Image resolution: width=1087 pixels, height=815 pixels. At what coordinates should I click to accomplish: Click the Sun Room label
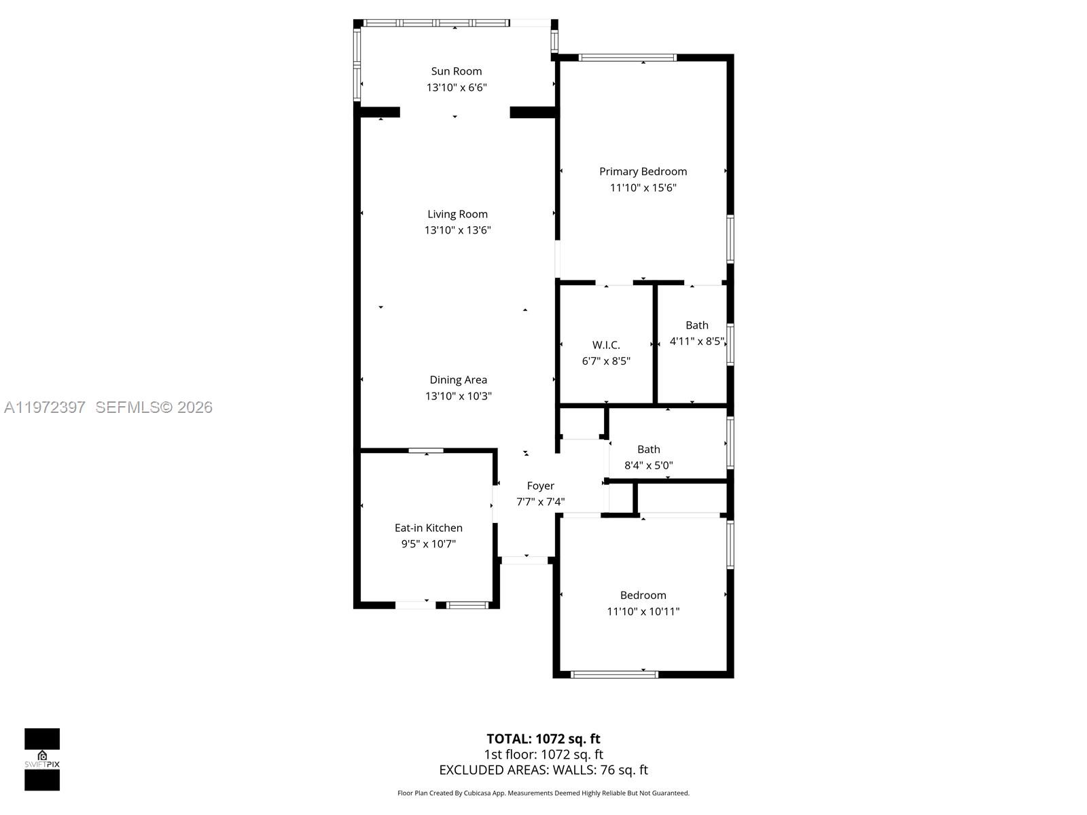pos(457,71)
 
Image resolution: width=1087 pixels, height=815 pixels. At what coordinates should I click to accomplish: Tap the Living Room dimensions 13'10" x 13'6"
pos(457,230)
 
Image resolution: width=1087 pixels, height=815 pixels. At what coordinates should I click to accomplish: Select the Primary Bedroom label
pos(643,172)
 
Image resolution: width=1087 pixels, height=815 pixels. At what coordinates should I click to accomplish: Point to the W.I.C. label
pos(606,345)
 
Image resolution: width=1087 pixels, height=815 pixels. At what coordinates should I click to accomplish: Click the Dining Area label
pos(458,380)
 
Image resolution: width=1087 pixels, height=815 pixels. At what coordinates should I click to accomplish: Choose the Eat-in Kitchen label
pos(428,528)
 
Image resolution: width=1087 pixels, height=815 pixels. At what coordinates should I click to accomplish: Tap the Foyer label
pos(540,486)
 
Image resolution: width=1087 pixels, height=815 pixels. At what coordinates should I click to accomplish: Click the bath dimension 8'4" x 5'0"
pos(648,465)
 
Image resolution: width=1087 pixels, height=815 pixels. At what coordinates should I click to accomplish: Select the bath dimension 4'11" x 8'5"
pos(696,341)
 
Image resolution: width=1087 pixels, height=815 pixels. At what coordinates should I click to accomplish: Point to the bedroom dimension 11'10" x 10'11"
pos(643,611)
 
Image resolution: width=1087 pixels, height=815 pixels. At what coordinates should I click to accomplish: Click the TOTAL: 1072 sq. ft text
pos(543,738)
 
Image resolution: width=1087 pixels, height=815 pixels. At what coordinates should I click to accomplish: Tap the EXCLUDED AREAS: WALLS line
pos(543,769)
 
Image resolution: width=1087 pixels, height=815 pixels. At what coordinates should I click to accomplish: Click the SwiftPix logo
pos(42,759)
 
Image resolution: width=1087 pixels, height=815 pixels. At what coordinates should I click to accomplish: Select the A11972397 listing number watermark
pos(45,407)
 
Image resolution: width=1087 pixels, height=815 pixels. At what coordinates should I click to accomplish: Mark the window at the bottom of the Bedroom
pos(614,674)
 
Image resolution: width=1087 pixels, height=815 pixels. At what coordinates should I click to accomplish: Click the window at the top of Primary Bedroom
pos(628,58)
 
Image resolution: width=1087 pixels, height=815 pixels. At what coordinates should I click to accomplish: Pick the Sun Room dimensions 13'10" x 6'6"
pos(457,88)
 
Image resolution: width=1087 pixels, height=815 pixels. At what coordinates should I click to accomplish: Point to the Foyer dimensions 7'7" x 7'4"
pos(540,502)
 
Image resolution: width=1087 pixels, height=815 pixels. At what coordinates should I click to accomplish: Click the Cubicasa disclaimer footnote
pos(543,793)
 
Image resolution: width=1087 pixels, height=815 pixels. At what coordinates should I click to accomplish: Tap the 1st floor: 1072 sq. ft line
pos(543,754)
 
